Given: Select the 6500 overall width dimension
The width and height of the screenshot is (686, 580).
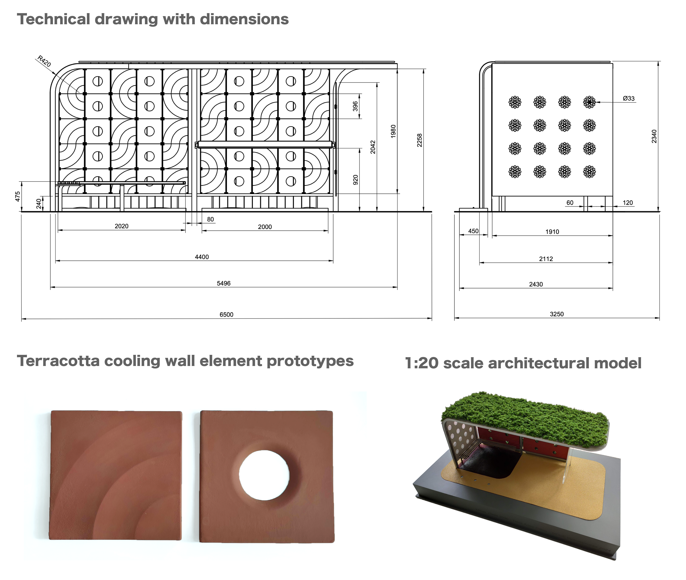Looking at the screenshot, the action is [226, 314].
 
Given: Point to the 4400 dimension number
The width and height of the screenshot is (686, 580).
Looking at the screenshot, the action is [202, 257].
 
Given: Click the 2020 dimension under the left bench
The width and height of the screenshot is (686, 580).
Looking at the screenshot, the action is [122, 226].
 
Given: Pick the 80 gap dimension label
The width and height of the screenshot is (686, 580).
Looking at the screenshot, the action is [210, 219].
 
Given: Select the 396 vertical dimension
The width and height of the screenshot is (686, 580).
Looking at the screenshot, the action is [355, 106].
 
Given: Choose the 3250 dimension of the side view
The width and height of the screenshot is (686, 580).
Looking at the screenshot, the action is [557, 314].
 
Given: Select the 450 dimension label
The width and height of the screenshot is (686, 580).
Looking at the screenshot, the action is [473, 231].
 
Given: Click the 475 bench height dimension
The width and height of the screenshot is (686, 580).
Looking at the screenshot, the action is [18, 196].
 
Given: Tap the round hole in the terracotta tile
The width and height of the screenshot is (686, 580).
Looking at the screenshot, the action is [264, 475].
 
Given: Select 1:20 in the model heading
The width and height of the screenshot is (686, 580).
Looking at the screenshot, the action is [422, 363].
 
